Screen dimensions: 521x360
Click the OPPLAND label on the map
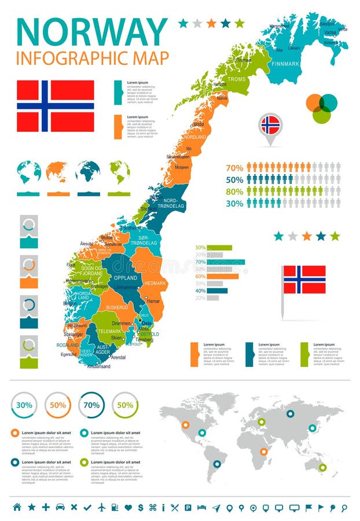(125, 278)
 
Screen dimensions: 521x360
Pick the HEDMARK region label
(155, 283)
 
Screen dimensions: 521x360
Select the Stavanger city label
(75, 334)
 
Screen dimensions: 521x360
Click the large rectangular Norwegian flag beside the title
(56, 106)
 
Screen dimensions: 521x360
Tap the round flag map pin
(270, 124)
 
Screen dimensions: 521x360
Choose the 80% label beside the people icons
(234, 192)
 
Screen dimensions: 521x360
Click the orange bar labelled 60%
(222, 276)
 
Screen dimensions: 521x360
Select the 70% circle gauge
(91, 405)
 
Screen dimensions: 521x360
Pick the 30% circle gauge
(24, 405)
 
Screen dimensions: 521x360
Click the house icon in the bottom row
(17, 507)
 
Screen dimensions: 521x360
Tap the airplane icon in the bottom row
(102, 507)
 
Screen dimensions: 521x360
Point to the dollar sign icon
(141, 507)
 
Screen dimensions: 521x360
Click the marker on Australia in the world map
(322, 467)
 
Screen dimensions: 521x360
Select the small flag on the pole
(304, 280)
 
